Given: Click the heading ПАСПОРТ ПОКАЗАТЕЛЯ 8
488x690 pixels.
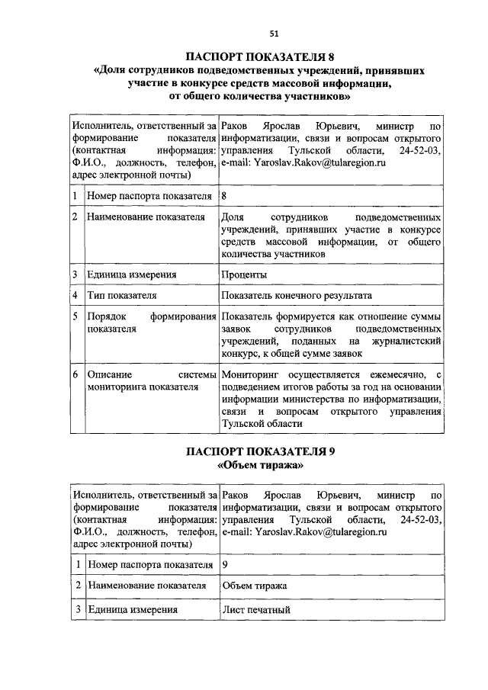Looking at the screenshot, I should [261, 56].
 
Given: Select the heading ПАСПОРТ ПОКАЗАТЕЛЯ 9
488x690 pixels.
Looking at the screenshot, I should [261, 451].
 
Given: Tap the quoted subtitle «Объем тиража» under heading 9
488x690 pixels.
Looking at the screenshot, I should [261, 465].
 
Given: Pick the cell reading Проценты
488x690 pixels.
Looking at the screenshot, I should [244, 274].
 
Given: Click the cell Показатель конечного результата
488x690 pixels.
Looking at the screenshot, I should [296, 295].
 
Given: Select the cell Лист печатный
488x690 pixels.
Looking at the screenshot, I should [256, 609].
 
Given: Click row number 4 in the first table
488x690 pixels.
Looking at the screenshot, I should [76, 295].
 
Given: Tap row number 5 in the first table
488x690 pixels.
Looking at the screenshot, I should [76, 316].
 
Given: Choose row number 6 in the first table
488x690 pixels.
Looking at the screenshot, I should [76, 374].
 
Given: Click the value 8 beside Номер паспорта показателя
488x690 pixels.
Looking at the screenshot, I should [224, 196].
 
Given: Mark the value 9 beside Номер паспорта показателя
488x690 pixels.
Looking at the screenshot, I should [224, 565].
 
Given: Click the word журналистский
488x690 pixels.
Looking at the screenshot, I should [406, 342].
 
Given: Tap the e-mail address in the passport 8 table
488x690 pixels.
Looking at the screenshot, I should [303, 162].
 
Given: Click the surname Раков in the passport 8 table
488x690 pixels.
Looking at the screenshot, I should [236, 125].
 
